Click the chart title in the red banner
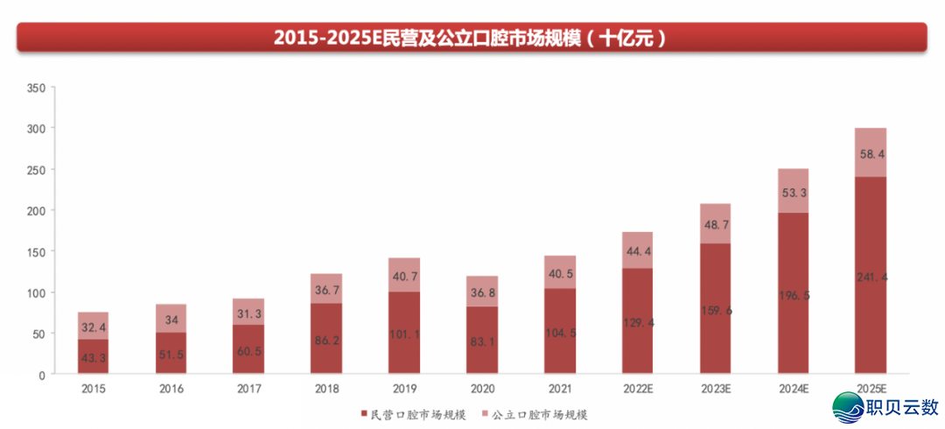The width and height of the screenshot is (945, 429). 472,38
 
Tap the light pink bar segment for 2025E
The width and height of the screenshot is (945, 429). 871,152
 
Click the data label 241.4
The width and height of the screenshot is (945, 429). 871,277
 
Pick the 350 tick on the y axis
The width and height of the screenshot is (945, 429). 36,88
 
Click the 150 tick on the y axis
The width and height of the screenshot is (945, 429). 36,252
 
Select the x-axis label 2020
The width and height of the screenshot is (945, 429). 481,388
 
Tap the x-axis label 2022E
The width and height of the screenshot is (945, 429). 638,388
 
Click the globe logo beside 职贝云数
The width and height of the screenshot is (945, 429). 848,406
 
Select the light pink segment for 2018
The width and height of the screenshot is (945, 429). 326,289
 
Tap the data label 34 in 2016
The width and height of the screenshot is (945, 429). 171,320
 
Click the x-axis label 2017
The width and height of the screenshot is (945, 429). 248,388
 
